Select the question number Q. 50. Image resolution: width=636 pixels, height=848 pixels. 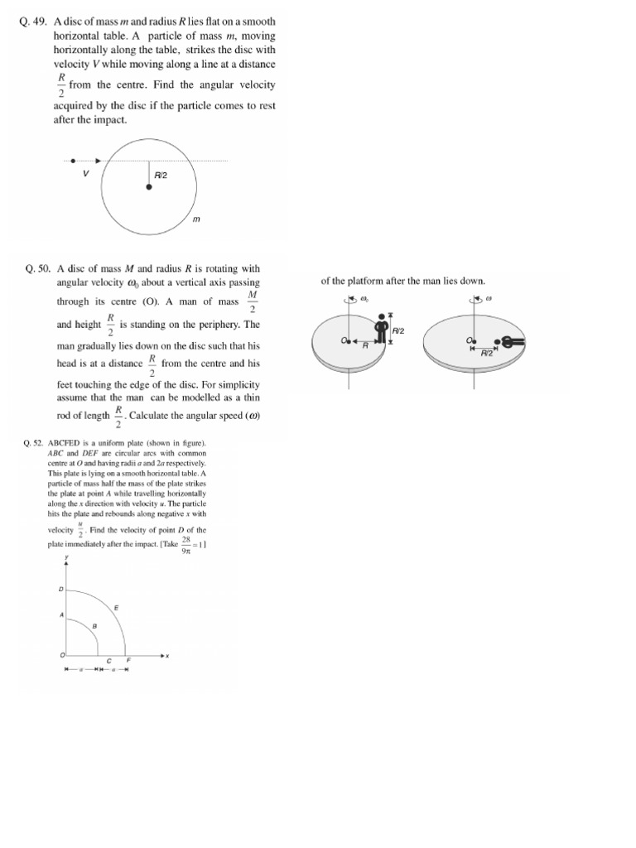tap(39, 268)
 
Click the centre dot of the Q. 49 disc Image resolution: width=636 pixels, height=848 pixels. tap(149, 188)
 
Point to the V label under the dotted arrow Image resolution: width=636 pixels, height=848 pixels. tap(85, 175)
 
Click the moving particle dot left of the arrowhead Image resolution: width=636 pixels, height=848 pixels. tap(73, 161)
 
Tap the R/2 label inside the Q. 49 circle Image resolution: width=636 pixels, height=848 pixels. tap(161, 176)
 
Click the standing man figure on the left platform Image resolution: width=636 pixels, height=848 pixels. tap(382, 328)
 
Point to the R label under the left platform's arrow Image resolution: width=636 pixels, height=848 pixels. tap(364, 347)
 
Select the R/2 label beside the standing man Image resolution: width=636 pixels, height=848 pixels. tap(398, 330)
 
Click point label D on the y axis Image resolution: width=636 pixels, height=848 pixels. tap(60, 590)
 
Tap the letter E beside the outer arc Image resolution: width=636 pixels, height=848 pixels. tap(115, 608)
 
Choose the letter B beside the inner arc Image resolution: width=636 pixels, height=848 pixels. tap(94, 627)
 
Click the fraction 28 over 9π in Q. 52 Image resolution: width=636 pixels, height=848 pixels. tap(186, 543)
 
